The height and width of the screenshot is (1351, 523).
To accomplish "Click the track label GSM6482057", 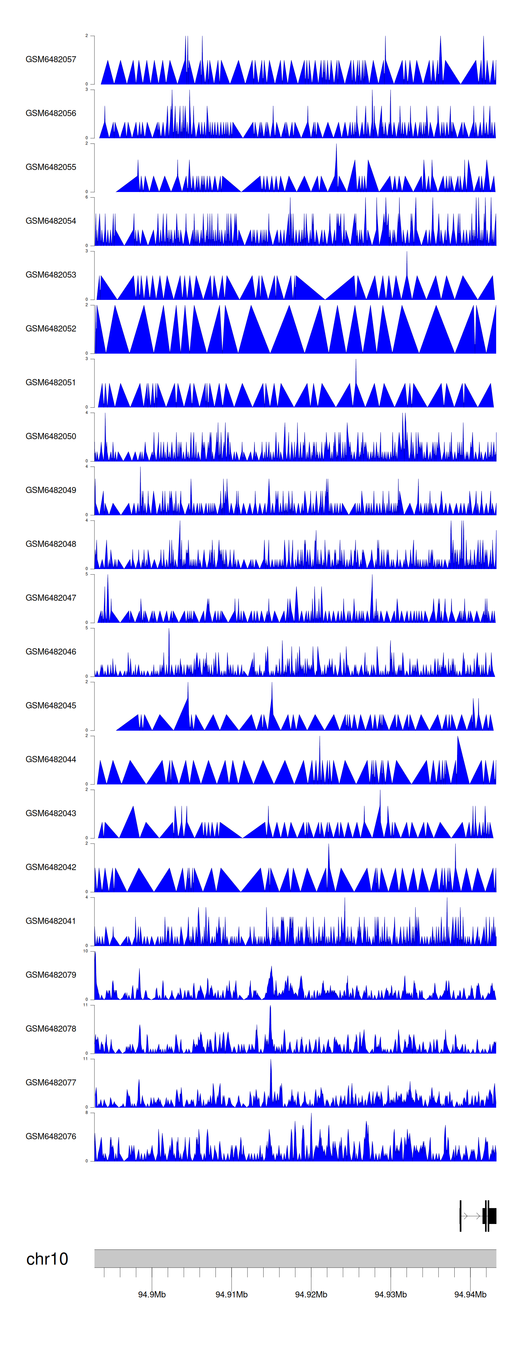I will (x=51, y=59).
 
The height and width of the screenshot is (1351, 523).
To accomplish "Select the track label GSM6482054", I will (x=51, y=221).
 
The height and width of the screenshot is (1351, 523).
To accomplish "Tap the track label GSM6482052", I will (x=51, y=328).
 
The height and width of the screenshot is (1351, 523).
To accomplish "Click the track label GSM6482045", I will (x=51, y=706).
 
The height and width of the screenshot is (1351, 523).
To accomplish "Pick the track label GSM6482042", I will (x=51, y=867).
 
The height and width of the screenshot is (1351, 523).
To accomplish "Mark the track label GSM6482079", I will (x=51, y=974).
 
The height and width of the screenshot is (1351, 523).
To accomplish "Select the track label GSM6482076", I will (x=51, y=1136).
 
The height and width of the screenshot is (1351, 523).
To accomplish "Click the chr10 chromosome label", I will (x=47, y=1259).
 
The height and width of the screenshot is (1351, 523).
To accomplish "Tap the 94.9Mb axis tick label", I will (x=152, y=1294).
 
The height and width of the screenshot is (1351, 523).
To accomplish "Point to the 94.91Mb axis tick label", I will (x=232, y=1294).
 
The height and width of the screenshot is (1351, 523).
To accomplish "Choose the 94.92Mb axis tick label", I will (x=311, y=1294).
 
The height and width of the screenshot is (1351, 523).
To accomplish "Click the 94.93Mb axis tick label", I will (x=391, y=1294).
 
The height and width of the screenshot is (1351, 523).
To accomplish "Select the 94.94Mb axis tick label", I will (x=470, y=1294).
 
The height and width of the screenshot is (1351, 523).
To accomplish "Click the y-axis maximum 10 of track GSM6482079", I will (x=85, y=951).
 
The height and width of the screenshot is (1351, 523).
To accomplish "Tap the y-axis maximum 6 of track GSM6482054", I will (x=86, y=197).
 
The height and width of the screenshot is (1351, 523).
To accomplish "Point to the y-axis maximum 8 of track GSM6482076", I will (x=86, y=1112).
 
